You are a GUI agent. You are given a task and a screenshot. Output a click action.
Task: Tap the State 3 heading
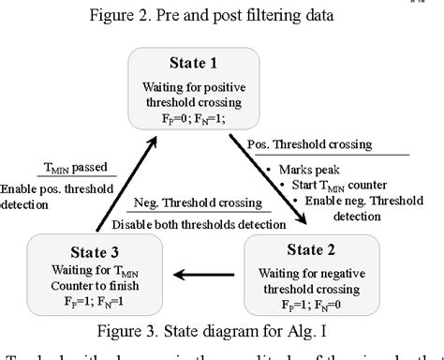click(81, 251)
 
